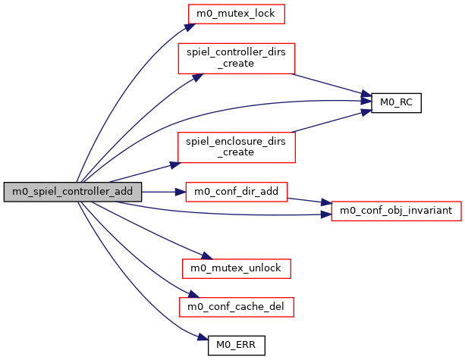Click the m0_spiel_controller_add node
coord(72,193)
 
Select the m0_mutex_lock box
coord(237,14)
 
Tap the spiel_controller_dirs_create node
coord(236,58)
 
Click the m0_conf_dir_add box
coord(236,193)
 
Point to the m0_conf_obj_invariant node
coord(396,209)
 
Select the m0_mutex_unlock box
coord(236,268)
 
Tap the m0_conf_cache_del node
coord(236,307)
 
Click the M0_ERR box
coord(236,346)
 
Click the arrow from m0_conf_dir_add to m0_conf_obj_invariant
coord(309,201)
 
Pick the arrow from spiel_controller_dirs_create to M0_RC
coord(334,87)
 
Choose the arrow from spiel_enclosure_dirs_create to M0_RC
coord(334,120)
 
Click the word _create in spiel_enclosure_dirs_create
coord(236,153)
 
